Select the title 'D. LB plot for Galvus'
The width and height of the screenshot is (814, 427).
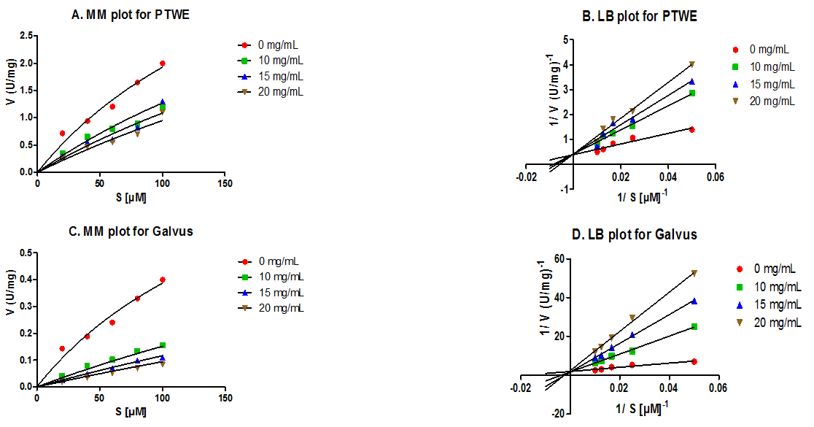(635, 234)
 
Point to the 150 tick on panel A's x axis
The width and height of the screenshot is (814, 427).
(225, 183)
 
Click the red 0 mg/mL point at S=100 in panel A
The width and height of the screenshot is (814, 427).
(162, 64)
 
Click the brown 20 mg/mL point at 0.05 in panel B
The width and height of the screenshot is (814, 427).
(691, 64)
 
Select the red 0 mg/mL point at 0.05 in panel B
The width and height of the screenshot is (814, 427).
(691, 129)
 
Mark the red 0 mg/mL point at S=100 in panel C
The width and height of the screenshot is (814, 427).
(162, 280)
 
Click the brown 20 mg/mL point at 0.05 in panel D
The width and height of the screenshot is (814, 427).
(694, 273)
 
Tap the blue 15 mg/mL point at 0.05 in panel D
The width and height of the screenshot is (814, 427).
(694, 301)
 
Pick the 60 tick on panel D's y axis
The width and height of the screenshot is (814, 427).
(558, 258)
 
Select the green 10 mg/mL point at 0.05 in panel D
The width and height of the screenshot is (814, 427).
(694, 326)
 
